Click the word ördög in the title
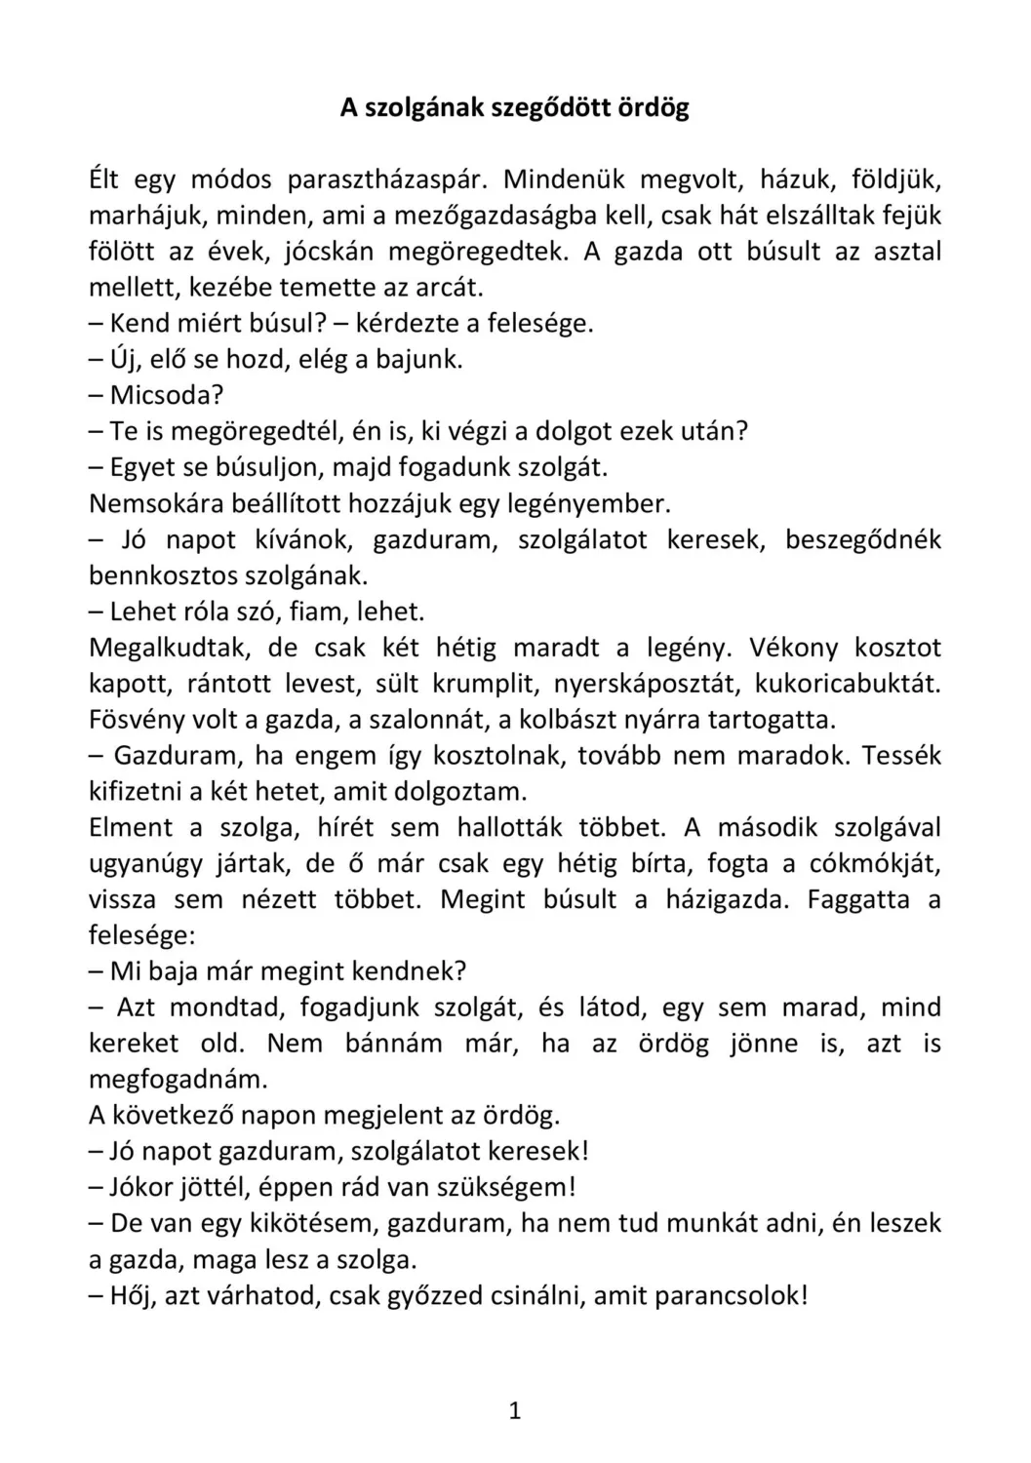(x=654, y=108)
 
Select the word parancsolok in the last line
(x=729, y=1295)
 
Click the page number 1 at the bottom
(x=515, y=1410)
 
